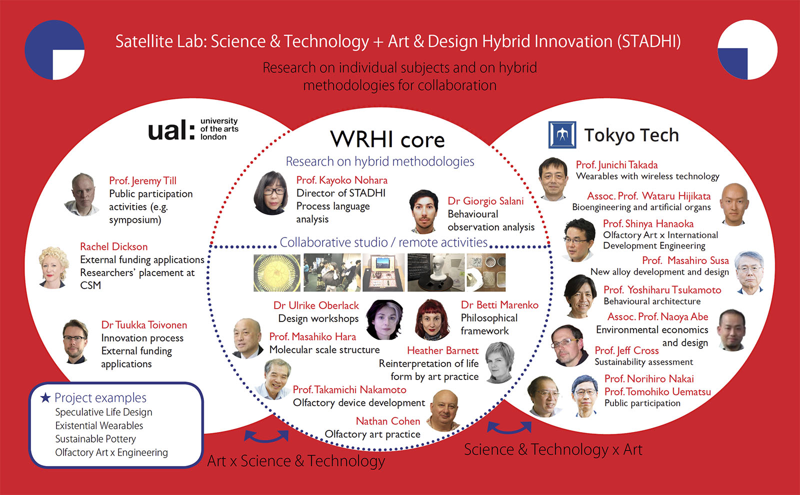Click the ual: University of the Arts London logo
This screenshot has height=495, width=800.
click(x=193, y=129)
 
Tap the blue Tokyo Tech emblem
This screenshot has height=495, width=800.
click(x=562, y=134)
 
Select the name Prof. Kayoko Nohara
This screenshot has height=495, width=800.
click(x=342, y=180)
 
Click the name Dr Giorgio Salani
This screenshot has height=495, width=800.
click(x=485, y=201)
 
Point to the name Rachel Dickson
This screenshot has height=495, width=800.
click(x=113, y=246)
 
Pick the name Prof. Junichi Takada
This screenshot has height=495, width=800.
click(x=617, y=164)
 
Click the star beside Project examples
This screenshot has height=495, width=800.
click(x=45, y=397)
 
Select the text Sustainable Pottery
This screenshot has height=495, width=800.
click(x=95, y=438)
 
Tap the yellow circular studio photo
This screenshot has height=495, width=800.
click(x=277, y=272)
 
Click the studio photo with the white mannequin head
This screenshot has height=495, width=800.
click(x=436, y=272)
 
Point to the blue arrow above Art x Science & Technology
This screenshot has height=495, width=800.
click(x=266, y=437)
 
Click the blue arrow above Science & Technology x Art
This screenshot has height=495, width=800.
click(x=509, y=428)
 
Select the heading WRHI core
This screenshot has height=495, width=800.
click(x=387, y=139)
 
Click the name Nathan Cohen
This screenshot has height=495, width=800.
click(x=388, y=421)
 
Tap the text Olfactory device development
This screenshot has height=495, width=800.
click(x=359, y=402)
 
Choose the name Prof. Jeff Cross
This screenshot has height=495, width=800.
click(x=626, y=350)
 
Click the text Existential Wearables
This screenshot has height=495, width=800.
click(x=99, y=425)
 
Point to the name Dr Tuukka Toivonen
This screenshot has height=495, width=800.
click(x=144, y=324)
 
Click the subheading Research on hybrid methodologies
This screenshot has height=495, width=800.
click(x=380, y=161)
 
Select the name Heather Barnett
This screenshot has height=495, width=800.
click(x=442, y=350)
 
